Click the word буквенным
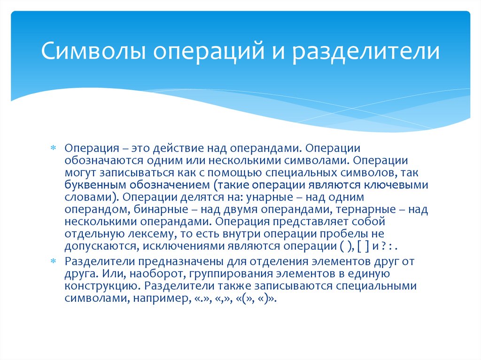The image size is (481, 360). (90, 184)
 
